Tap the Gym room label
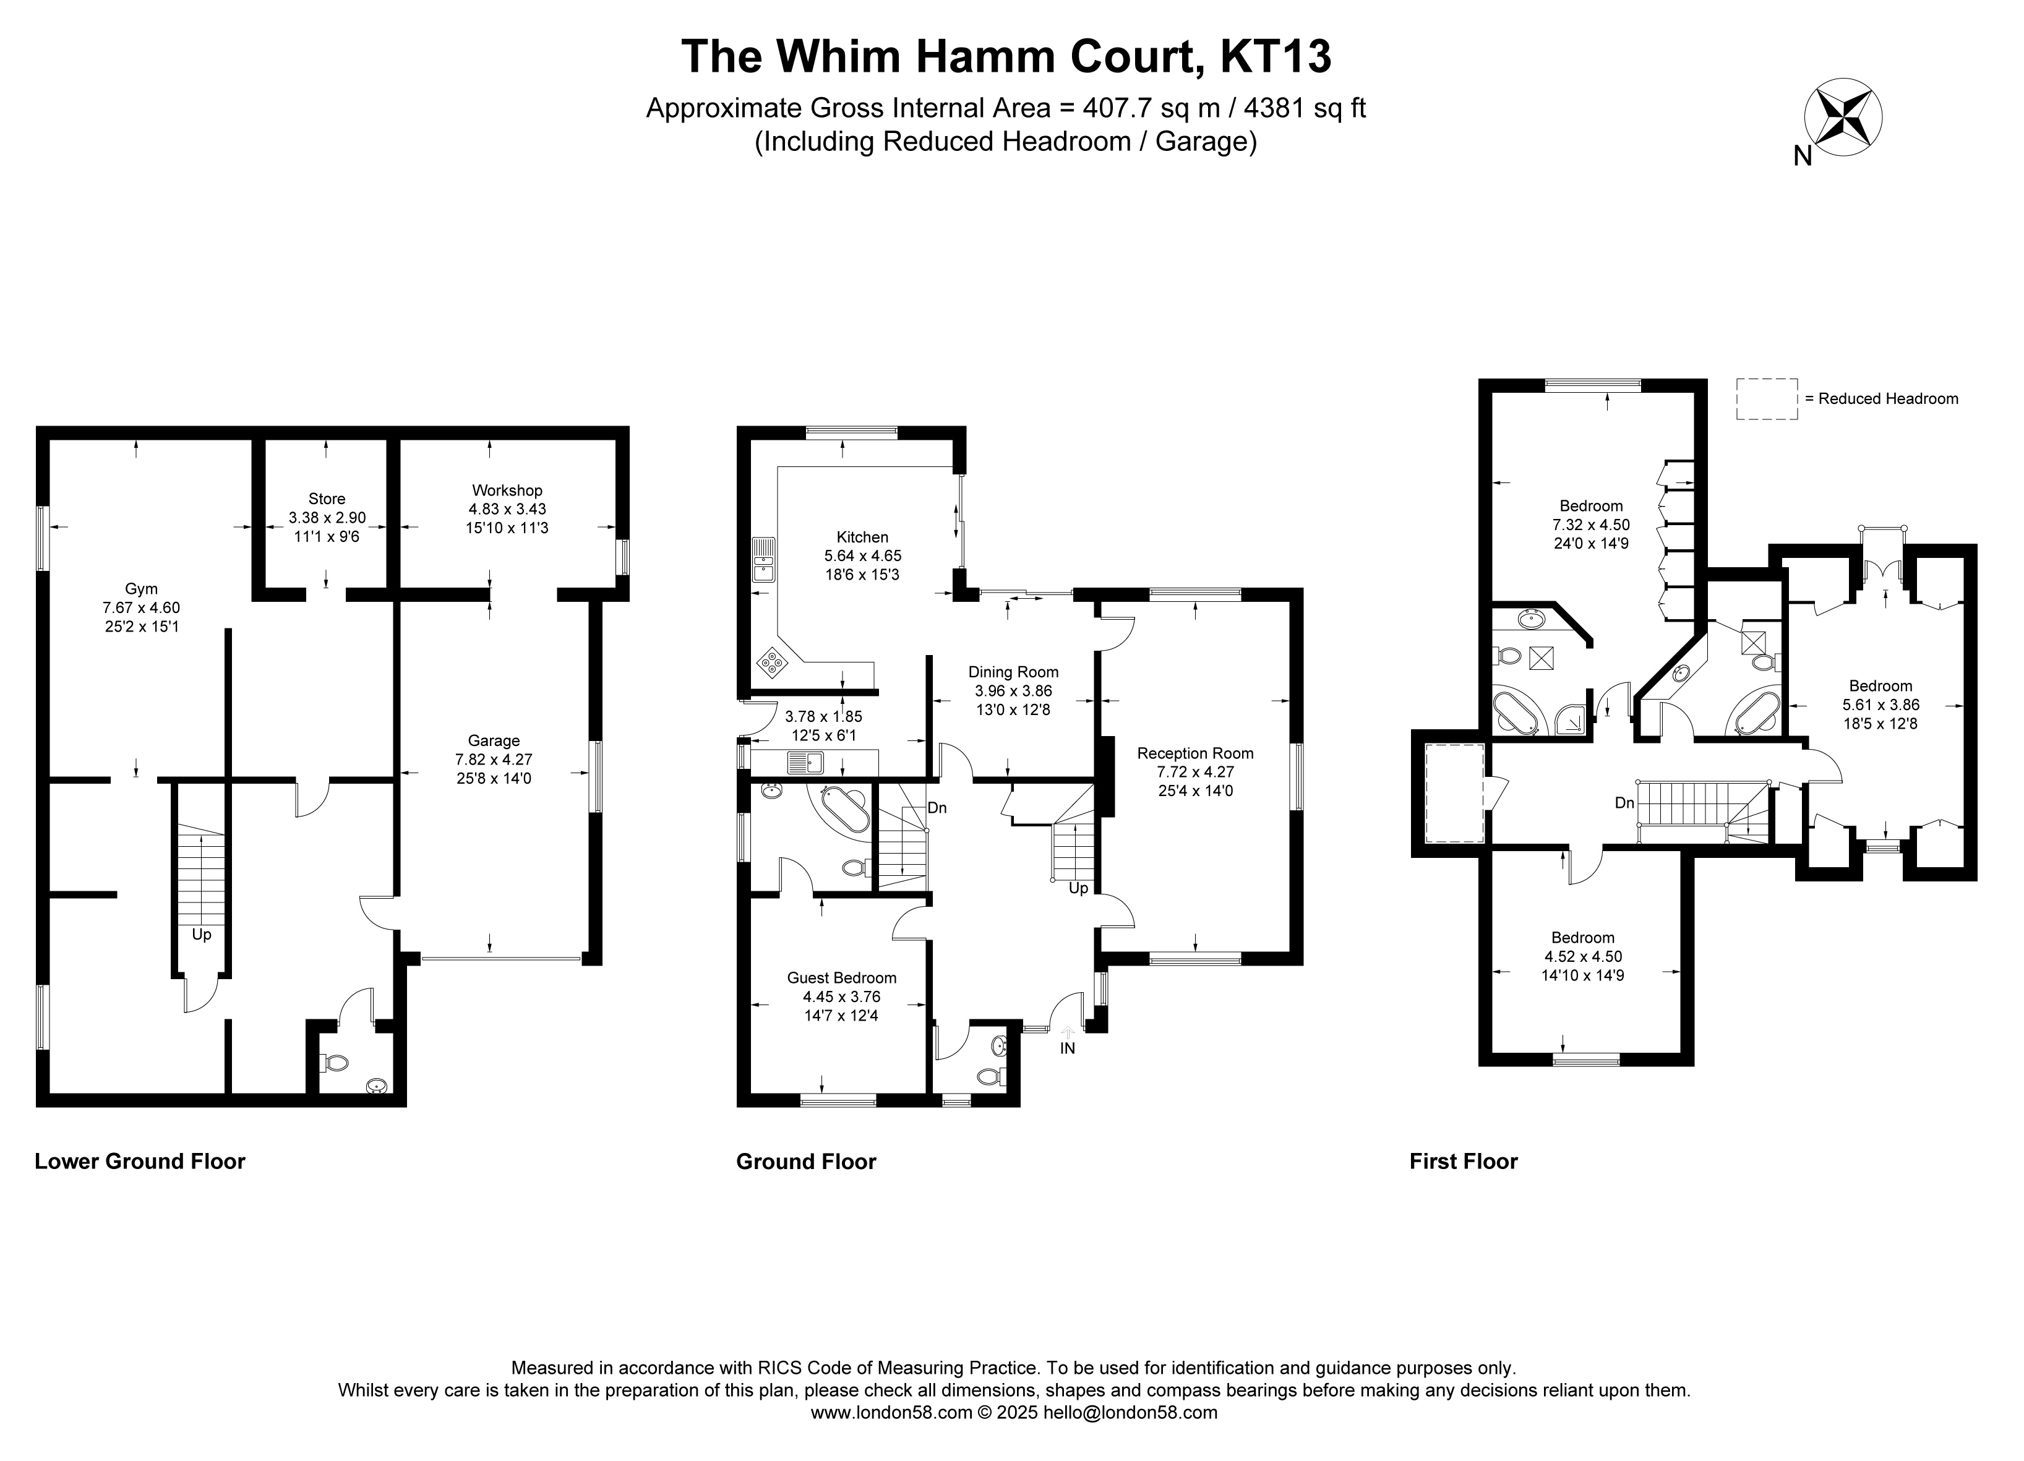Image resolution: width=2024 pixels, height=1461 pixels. (x=141, y=589)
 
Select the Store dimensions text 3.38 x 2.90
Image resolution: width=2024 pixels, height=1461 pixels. (x=327, y=518)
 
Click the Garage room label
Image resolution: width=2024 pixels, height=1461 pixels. (x=494, y=741)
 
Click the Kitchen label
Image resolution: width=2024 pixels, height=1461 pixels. (x=862, y=538)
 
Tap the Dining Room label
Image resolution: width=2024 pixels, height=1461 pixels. (x=1014, y=672)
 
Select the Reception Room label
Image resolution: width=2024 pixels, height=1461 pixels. (x=1195, y=753)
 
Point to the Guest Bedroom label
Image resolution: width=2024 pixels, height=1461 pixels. (x=841, y=978)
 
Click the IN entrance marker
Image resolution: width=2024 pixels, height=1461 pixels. (x=1067, y=1048)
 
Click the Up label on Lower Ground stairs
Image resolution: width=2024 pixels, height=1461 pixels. (x=202, y=935)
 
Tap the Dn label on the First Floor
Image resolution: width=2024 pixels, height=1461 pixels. (x=1624, y=803)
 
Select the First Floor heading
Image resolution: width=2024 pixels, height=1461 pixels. (x=1464, y=1161)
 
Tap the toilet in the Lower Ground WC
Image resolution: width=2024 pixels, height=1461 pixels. (x=337, y=1063)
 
